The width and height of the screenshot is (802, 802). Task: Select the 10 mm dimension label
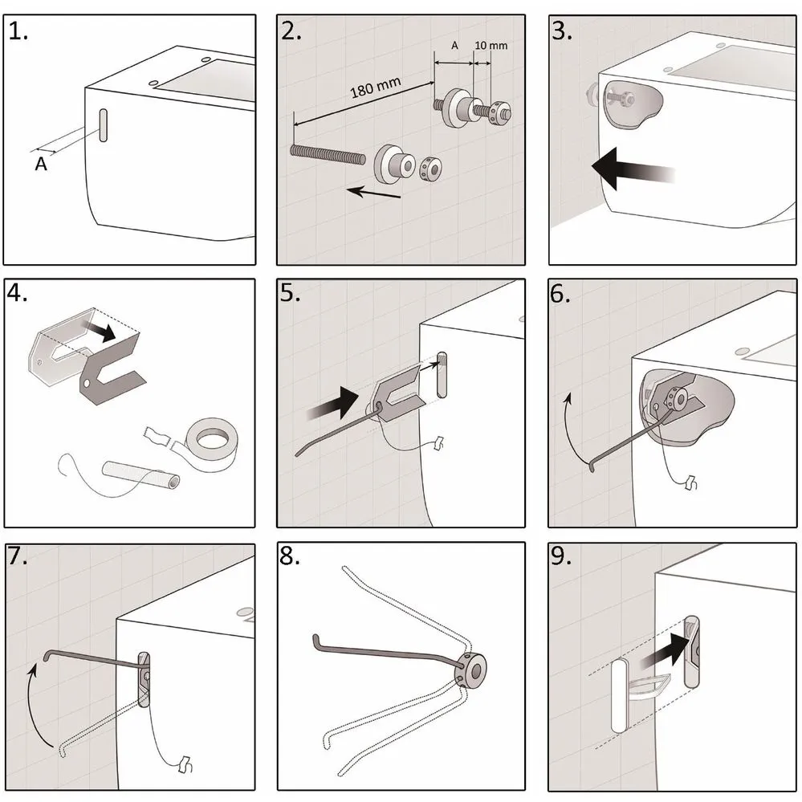pos(491,46)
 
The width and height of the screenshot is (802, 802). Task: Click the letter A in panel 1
pos(40,164)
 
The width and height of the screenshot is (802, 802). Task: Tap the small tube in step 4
pos(141,474)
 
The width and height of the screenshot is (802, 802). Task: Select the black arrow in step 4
pos(102,329)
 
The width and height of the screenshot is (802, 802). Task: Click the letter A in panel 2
pos(454,46)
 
